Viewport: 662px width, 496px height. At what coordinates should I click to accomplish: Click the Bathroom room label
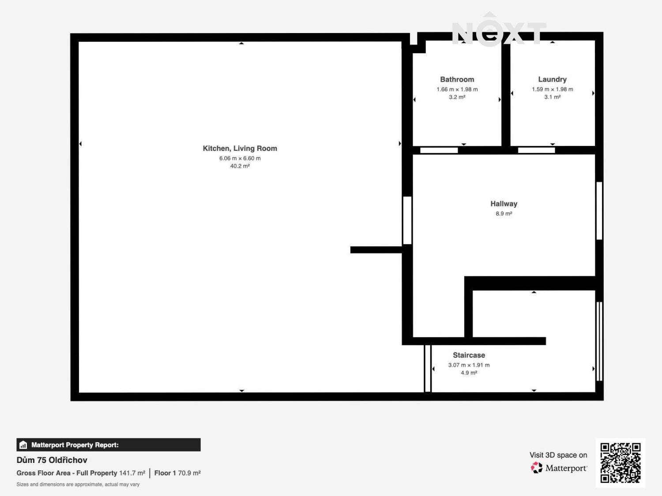(x=457, y=79)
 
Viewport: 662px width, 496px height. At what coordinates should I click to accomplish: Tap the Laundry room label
(x=552, y=79)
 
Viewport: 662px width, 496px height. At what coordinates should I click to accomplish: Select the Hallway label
(x=504, y=204)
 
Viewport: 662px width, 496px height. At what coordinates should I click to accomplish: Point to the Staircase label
(x=469, y=355)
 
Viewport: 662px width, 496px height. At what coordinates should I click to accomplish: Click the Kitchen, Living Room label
(x=240, y=149)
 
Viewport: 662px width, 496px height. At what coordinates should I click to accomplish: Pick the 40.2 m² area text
(x=240, y=166)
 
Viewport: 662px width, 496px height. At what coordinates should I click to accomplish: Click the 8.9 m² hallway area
(x=504, y=214)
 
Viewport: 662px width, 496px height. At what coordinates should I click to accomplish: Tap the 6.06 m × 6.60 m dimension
(x=240, y=158)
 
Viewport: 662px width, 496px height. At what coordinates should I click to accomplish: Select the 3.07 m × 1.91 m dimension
(x=469, y=365)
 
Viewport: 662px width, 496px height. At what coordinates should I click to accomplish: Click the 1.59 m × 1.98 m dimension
(x=552, y=90)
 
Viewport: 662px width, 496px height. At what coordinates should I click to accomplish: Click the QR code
(x=621, y=463)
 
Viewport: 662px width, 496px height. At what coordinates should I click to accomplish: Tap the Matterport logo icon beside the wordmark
(x=537, y=468)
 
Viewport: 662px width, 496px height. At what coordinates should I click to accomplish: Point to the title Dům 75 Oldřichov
(x=52, y=460)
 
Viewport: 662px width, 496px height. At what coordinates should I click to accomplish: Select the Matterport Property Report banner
(x=109, y=445)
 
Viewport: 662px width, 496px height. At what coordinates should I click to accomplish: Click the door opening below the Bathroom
(x=439, y=150)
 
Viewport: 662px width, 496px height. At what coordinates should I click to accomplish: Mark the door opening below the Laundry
(x=536, y=150)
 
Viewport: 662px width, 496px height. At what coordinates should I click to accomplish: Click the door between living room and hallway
(x=407, y=220)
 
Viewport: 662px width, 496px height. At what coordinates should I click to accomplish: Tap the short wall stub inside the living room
(x=376, y=250)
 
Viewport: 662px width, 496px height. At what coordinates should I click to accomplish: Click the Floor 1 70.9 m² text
(x=177, y=473)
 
